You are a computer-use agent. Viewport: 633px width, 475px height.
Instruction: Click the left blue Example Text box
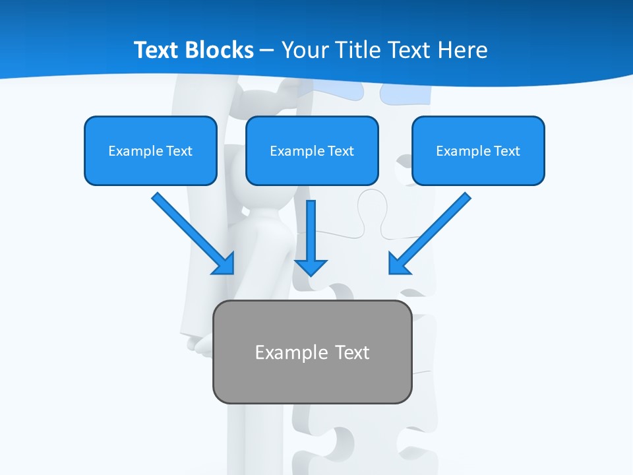point(150,150)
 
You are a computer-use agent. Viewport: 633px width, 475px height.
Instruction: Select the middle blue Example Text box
point(312,150)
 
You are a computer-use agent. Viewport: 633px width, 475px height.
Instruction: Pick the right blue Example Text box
point(478,150)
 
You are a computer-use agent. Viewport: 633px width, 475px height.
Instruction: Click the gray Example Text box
point(312,352)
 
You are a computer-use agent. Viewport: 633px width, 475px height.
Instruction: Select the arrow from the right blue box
point(432,231)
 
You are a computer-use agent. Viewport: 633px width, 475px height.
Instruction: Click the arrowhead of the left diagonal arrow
point(224,264)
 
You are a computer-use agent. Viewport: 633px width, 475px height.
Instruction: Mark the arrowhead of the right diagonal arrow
point(398,264)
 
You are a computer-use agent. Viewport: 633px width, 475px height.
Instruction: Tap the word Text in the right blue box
point(507,151)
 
